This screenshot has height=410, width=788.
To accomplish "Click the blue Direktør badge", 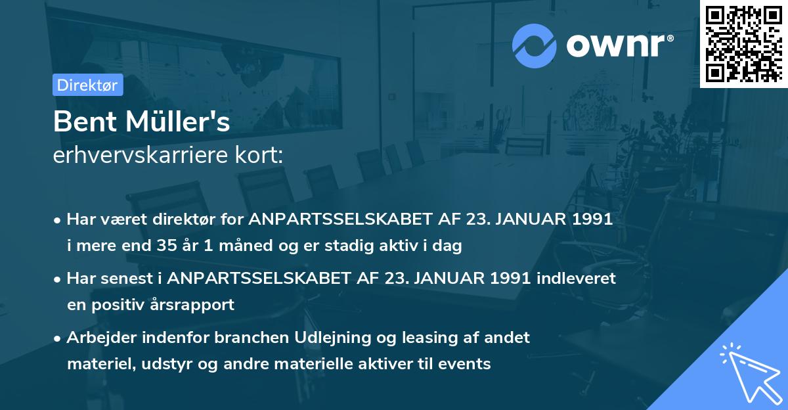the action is tap(88, 85).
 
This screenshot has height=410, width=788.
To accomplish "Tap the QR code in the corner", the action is tap(744, 44).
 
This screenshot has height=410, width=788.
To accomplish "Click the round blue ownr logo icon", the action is tap(534, 46).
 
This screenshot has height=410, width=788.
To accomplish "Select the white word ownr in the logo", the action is tap(616, 45).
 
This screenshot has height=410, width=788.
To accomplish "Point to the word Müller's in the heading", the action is tap(178, 122).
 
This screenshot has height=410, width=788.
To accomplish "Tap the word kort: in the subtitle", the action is tap(259, 155).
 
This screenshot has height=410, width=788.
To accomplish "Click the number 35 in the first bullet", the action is tap(167, 245).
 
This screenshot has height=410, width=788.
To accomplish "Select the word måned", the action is tap(246, 245).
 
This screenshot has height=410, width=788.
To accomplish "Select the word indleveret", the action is tap(577, 278).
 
